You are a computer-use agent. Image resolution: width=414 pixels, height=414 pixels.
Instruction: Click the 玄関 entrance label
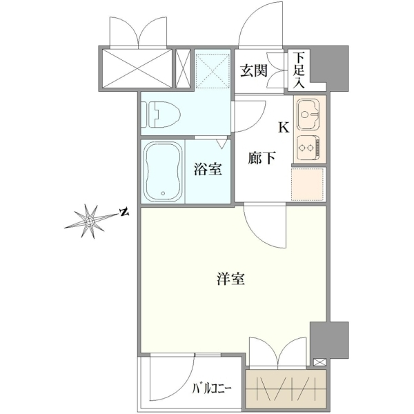254,71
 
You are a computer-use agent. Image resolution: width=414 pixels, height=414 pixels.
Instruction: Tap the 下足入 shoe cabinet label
299,70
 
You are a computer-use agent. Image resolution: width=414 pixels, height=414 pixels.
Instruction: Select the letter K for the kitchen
284,128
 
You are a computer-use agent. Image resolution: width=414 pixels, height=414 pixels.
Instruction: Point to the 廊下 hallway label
262,158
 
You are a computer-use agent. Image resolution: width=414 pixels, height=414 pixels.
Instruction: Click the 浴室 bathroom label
208,169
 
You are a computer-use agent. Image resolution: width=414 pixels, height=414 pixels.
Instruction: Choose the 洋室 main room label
230,279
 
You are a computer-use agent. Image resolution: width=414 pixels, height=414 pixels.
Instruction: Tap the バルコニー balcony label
212,388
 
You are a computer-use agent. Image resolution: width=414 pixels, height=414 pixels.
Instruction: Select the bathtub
164,172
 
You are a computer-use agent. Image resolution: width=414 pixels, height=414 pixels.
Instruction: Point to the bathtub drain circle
163,193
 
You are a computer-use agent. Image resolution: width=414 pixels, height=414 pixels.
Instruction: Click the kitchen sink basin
308,115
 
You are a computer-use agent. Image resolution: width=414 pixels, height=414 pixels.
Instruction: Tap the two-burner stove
308,148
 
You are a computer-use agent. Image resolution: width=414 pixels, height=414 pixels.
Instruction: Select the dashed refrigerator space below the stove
308,184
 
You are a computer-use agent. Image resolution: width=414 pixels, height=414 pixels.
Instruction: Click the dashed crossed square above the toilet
213,71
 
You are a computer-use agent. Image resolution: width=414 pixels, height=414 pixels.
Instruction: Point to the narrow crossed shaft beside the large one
183,68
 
